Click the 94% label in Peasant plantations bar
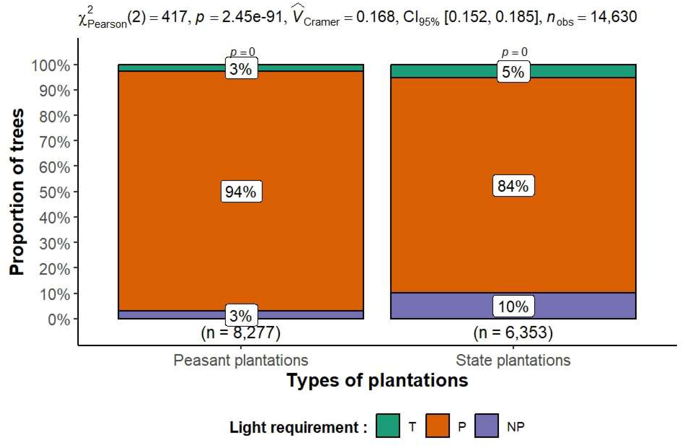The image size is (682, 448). coord(241,191)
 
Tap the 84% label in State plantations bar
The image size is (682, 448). coord(513,186)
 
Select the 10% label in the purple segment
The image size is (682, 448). coord(513,306)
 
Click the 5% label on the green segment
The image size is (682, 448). coord(513,72)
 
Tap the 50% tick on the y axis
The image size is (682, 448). coord(55,193)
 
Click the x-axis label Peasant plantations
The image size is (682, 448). coord(241,360)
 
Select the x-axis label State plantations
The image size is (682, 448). coord(513,360)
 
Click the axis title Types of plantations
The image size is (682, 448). coord(377,381)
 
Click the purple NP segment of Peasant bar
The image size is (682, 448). coord(172,315)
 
